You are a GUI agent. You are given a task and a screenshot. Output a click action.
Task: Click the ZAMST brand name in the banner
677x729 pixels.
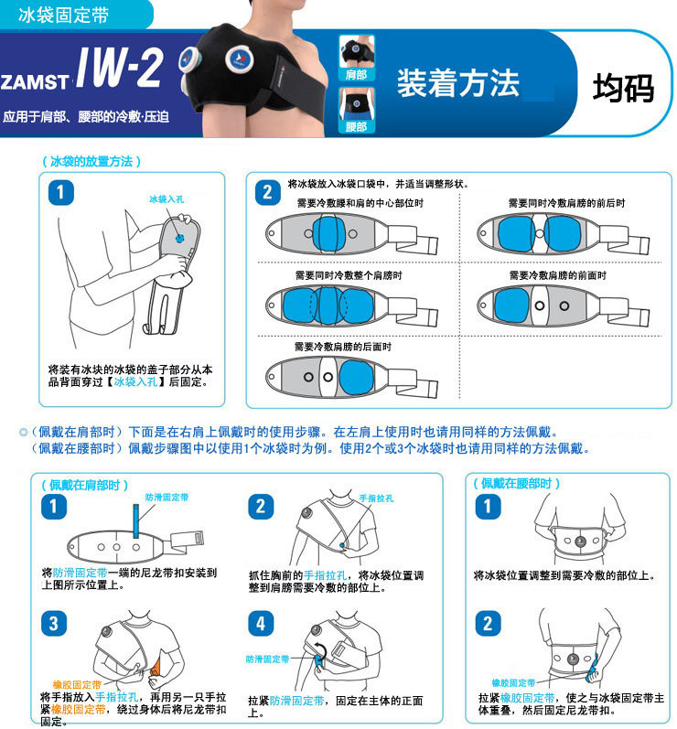pos(35,81)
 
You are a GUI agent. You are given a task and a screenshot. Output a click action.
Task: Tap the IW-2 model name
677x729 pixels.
pos(120,68)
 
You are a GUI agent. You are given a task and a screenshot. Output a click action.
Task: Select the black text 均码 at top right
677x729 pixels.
pos(623,88)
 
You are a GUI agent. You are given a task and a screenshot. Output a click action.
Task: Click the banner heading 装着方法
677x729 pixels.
pos(458,83)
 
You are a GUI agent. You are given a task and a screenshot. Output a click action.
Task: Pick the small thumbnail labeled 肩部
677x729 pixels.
pos(357,58)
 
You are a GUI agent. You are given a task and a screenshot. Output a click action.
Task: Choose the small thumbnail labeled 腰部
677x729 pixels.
pos(357,110)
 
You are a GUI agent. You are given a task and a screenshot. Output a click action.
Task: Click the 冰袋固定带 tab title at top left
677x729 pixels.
pos(64,15)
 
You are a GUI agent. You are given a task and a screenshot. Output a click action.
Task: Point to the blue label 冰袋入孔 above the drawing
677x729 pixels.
pos(167,199)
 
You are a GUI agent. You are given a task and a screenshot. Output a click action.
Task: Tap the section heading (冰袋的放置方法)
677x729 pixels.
pos(91,161)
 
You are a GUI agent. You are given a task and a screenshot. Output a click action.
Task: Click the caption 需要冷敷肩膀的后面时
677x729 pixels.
pos(343,347)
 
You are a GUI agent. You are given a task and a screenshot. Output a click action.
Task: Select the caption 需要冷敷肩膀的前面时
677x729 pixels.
pos(557,275)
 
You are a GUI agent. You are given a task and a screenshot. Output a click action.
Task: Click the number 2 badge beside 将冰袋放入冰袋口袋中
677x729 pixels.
pos(267,192)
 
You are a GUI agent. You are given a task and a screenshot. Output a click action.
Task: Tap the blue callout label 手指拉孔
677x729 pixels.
pos(376,499)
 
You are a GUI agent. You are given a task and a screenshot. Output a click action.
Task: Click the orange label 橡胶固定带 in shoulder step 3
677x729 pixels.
pos(77,684)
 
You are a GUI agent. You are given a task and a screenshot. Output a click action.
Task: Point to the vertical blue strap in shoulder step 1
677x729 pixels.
pos(135,521)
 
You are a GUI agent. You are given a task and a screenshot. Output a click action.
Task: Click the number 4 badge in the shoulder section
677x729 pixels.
pos(261,623)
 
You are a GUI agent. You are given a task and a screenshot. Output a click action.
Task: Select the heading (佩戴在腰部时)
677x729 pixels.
pos(516,484)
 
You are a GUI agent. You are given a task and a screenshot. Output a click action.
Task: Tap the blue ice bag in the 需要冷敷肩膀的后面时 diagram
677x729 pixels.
pos(356,378)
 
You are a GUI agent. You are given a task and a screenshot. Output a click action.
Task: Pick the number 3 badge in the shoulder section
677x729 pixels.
pos(54,623)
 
